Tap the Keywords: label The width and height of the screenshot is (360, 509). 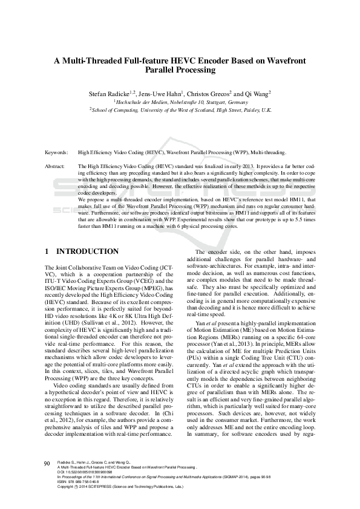[x=57, y=154]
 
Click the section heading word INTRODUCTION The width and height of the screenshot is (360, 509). [x=87, y=251]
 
